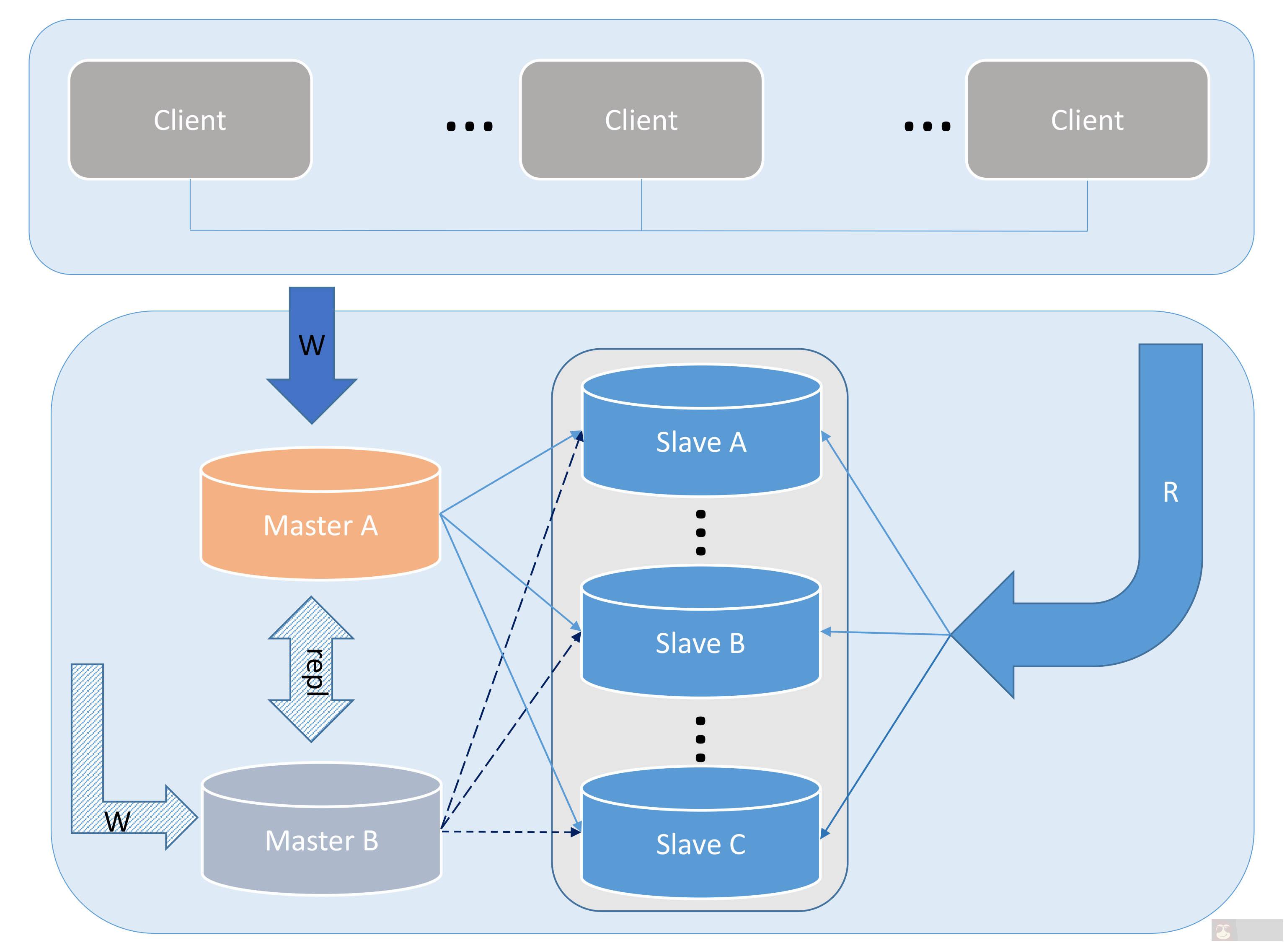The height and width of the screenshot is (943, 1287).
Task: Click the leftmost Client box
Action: (190, 120)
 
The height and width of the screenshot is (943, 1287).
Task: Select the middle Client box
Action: (641, 120)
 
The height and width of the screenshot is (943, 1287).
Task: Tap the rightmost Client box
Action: (1087, 120)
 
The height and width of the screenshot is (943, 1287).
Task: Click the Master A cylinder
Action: (320, 525)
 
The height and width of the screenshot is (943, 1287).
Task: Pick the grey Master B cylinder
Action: (322, 840)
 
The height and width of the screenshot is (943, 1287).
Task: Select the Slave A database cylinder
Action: (701, 443)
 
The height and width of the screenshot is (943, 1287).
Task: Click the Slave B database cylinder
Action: (700, 643)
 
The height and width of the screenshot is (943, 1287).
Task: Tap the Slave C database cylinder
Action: (700, 844)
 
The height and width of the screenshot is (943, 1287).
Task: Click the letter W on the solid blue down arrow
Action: (311, 345)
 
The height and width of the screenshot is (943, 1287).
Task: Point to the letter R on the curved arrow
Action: (1170, 492)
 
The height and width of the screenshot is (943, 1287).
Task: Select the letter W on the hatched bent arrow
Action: (118, 822)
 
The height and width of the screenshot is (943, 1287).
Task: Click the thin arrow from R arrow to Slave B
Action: (884, 632)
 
